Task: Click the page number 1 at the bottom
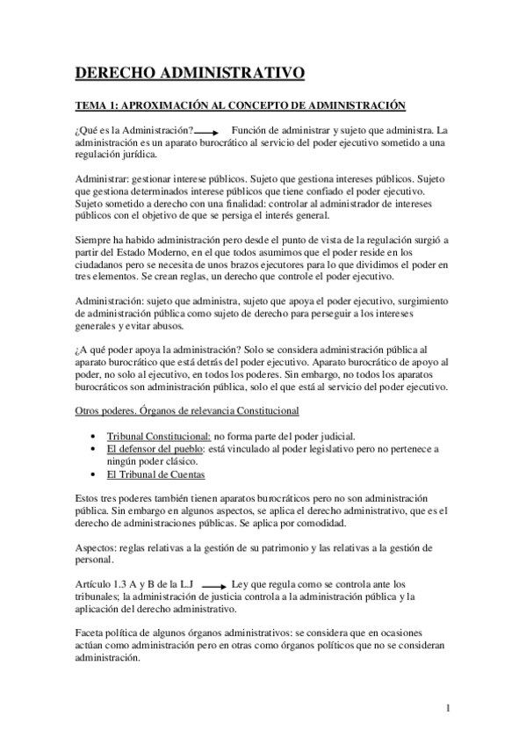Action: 448,708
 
